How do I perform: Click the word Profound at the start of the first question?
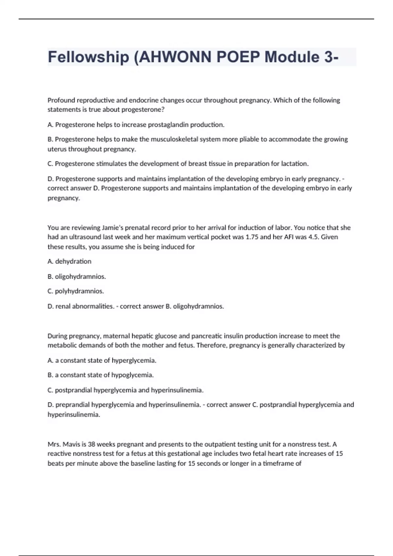(61, 100)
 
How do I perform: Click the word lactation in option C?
(295, 164)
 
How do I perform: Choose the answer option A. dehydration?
(69, 261)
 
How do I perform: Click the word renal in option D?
(63, 306)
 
